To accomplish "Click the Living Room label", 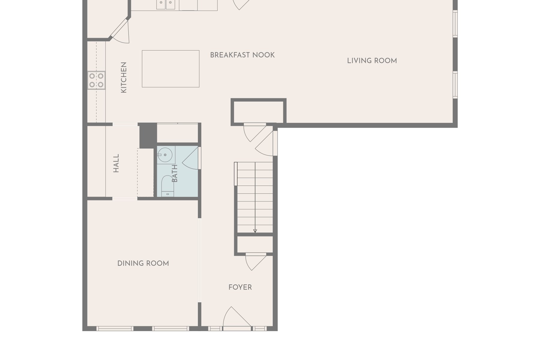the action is pyautogui.click(x=372, y=61).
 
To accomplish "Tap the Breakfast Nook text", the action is pyautogui.click(x=242, y=55).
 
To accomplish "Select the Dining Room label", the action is pyautogui.click(x=143, y=263).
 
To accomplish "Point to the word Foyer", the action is pyautogui.click(x=240, y=287).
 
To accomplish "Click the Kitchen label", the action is pyautogui.click(x=124, y=77).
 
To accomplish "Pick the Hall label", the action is pyautogui.click(x=116, y=163).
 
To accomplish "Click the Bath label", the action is pyautogui.click(x=175, y=173).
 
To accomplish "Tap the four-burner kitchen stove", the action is pyautogui.click(x=96, y=80).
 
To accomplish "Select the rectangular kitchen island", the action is pyautogui.click(x=171, y=69).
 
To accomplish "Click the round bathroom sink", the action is pyautogui.click(x=165, y=155).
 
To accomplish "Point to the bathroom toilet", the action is pyautogui.click(x=167, y=186).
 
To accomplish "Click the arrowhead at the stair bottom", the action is pyautogui.click(x=255, y=231).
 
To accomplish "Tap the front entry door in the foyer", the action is pyautogui.click(x=237, y=317).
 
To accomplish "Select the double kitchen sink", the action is pyautogui.click(x=166, y=5).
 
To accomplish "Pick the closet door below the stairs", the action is pyautogui.click(x=256, y=262).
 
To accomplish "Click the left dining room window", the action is pyautogui.click(x=115, y=329).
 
